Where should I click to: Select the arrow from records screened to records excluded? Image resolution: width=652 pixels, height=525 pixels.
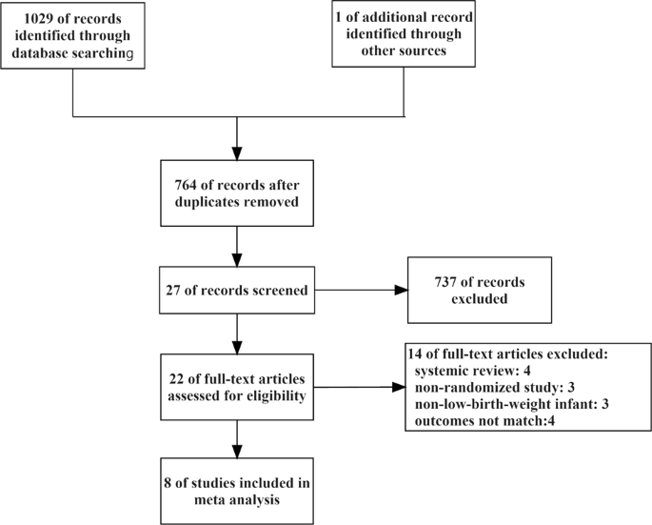[x=358, y=290]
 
